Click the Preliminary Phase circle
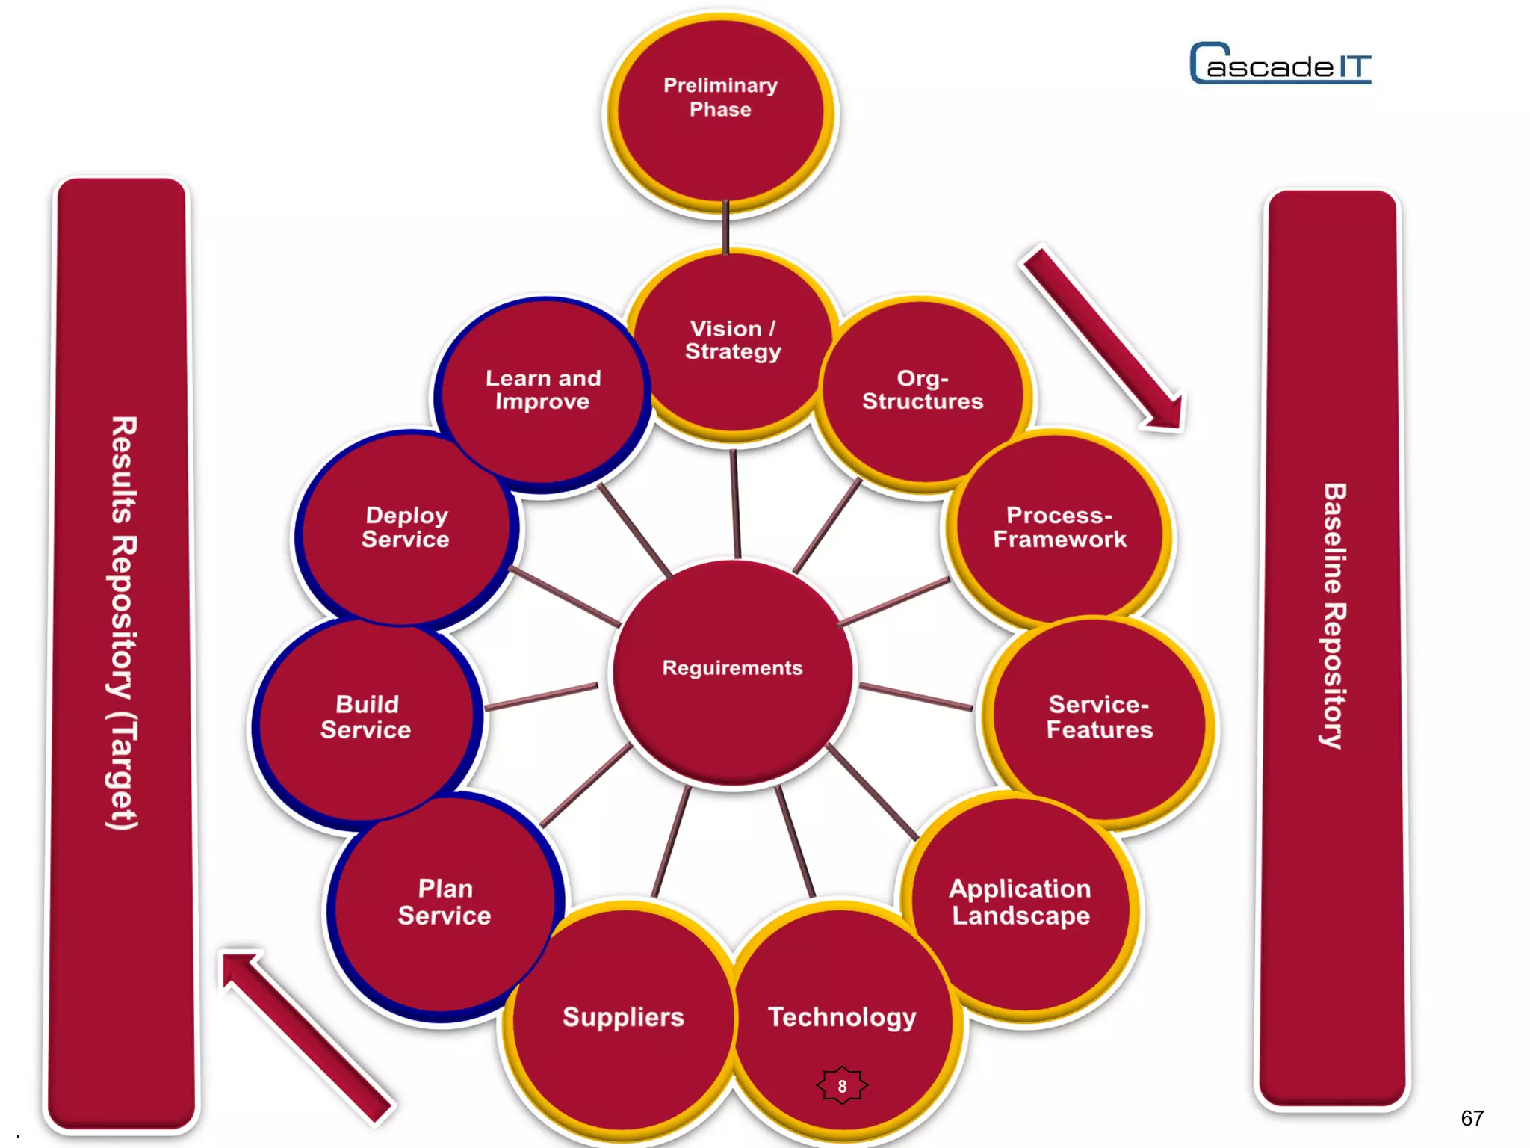pos(721,112)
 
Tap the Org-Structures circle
pos(923,392)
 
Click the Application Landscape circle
pos(1020,904)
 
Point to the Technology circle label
pos(842,1017)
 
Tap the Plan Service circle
pos(445,904)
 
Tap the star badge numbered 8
pos(842,1086)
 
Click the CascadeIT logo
pos(1280,64)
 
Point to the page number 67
pos(1472,1118)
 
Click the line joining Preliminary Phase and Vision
pos(725,228)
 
